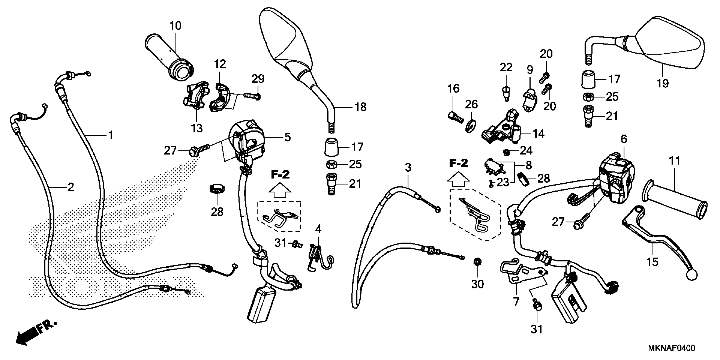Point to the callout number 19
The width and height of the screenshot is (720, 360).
(663, 83)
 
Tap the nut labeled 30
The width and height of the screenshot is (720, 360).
(477, 262)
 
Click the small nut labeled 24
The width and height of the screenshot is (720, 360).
(506, 153)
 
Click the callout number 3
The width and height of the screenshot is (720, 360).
(408, 168)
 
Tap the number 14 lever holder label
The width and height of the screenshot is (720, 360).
(539, 134)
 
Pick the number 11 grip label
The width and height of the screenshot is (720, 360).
(674, 161)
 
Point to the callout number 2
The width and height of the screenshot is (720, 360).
(71, 187)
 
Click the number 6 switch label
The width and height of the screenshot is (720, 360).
(624, 139)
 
